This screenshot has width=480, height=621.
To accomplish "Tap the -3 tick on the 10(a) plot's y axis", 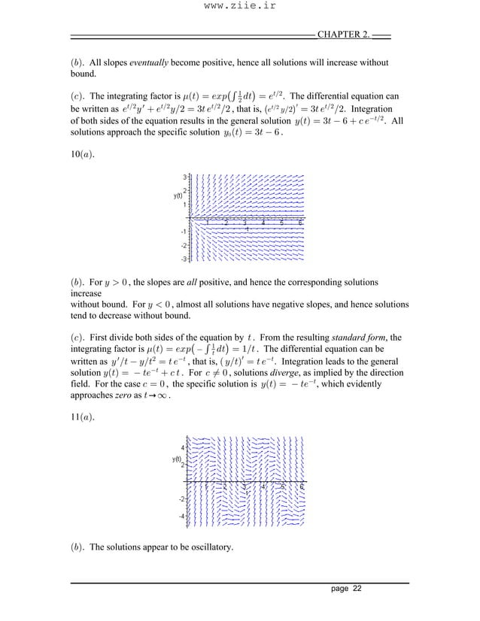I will point(184,259).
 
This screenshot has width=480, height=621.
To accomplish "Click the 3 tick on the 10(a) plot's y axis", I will point(185,177).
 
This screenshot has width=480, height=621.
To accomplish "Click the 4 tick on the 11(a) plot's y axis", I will point(182,447).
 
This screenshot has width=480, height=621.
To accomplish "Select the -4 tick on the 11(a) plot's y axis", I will point(181,516).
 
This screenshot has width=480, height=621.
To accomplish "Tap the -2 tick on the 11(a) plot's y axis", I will point(181,498).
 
